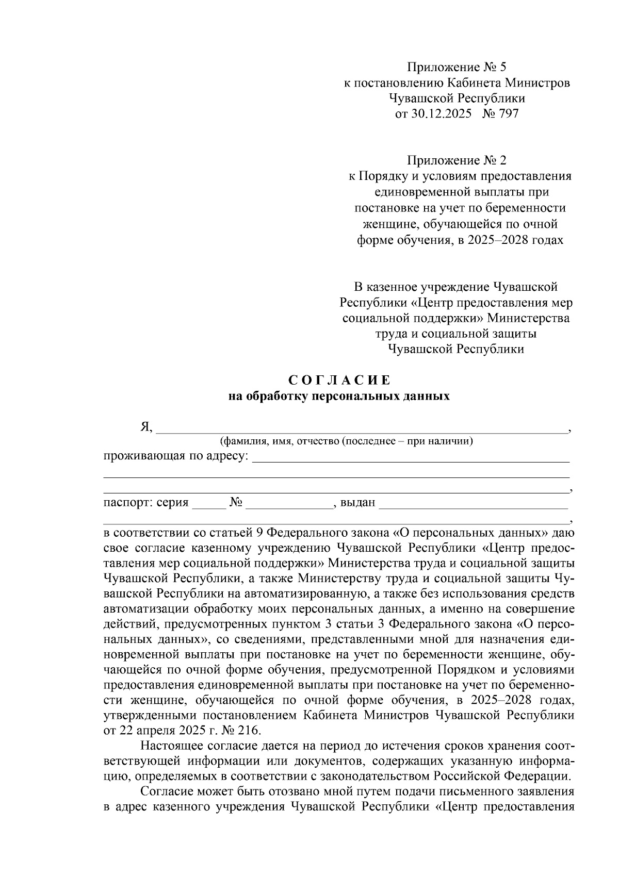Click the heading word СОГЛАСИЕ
339,381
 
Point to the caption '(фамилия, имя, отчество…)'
347,442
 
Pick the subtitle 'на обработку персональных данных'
339,397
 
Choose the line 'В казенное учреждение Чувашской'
456,287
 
